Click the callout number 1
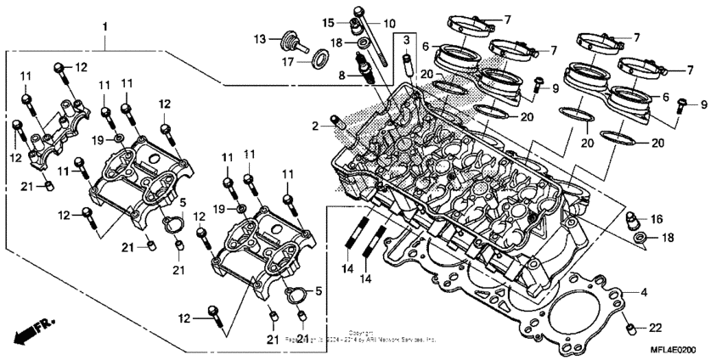point(105,28)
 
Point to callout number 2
point(316,127)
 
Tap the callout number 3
point(406,41)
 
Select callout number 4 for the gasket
point(645,293)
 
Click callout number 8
point(342,76)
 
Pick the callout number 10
point(389,22)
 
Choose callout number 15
point(329,21)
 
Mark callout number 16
point(656,218)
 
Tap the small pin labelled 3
point(407,63)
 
